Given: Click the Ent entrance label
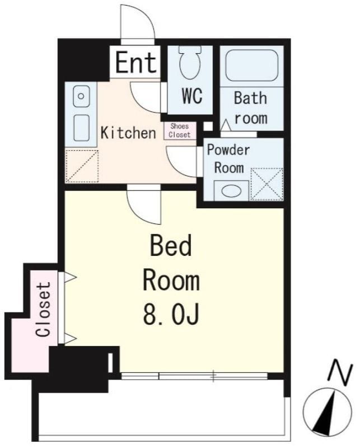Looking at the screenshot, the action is (136, 62).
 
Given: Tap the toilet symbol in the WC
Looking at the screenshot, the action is (190, 62).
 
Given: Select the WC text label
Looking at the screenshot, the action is (192, 96).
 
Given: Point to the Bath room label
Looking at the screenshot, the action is (251, 108).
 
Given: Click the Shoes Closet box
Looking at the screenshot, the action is (180, 130).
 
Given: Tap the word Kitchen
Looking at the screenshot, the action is (128, 133).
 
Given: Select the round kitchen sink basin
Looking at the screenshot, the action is (81, 96).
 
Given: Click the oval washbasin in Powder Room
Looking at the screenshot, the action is (231, 191).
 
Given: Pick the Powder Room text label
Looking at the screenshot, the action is (228, 159).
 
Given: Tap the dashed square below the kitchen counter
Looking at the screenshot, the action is (82, 166).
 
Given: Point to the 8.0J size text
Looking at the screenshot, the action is (171, 315).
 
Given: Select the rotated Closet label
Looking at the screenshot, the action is (43, 309).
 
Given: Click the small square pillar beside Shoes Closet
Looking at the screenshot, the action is (208, 126).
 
